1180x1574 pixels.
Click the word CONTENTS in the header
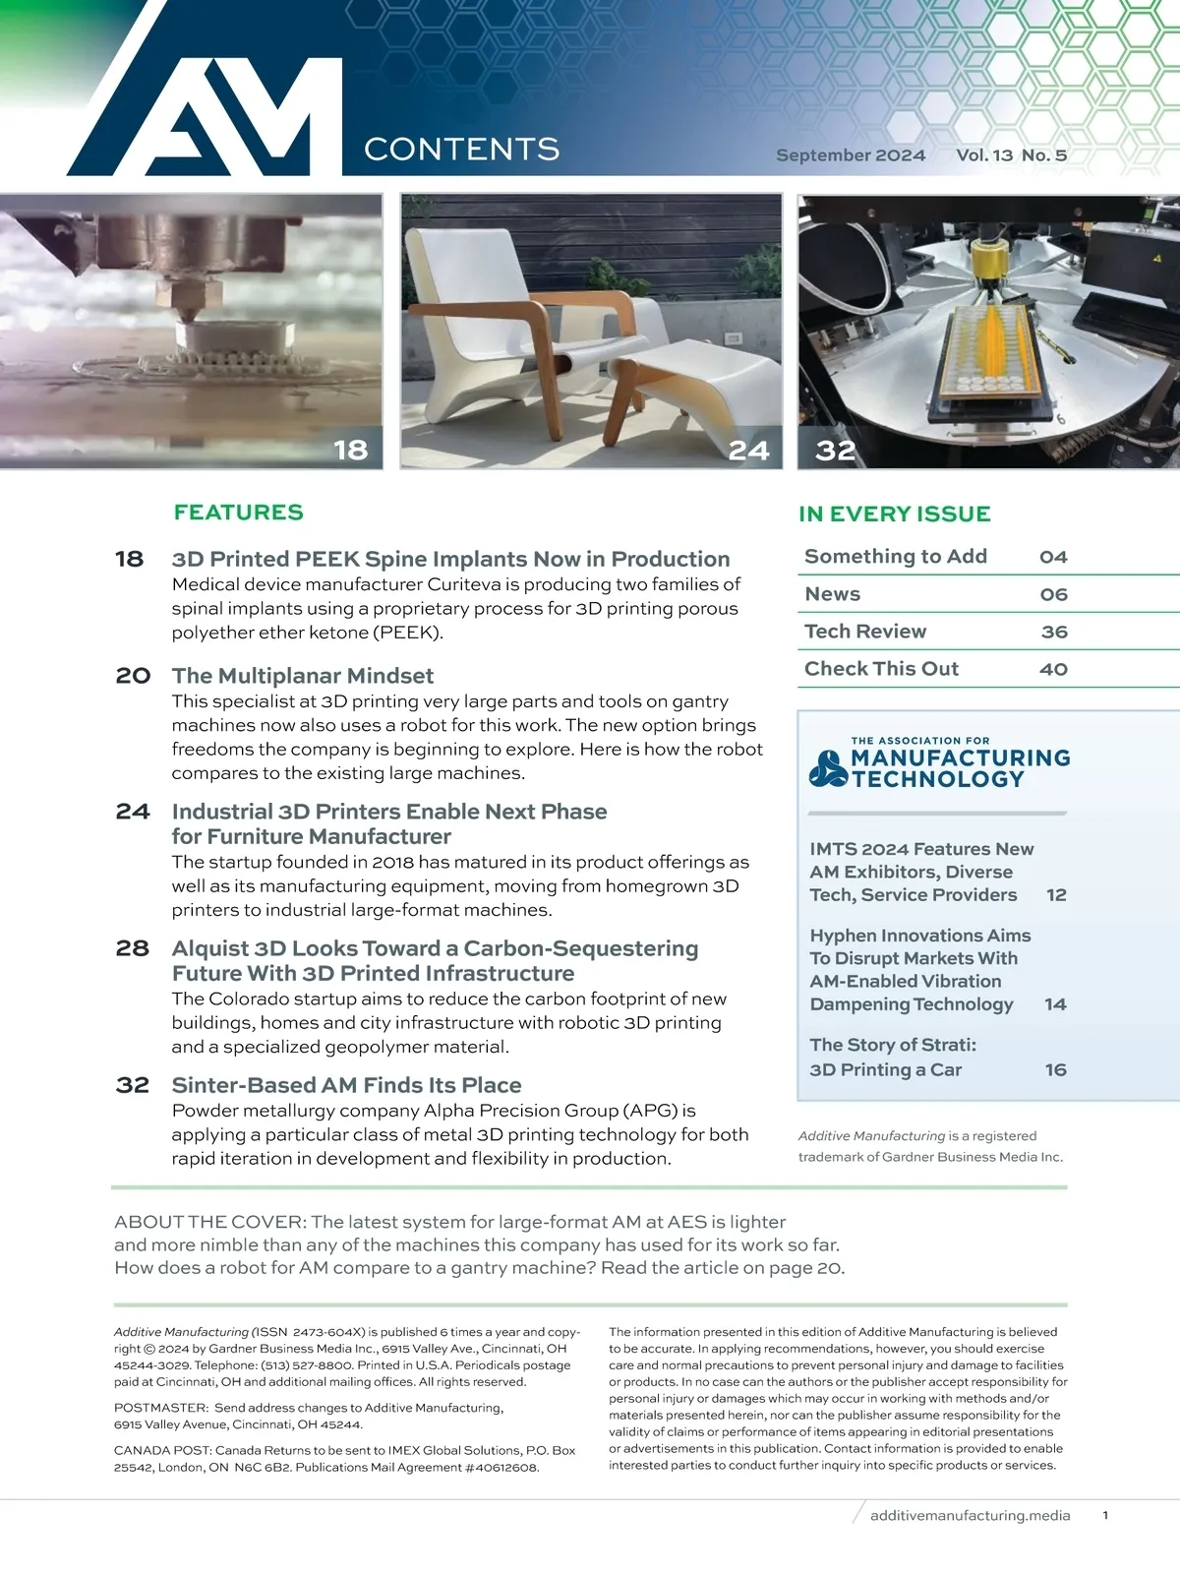pyautogui.click(x=461, y=150)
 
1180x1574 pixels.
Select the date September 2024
pyautogui.click(x=851, y=155)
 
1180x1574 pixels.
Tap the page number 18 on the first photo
pyautogui.click(x=350, y=450)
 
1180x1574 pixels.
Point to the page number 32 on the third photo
pyautogui.click(x=835, y=451)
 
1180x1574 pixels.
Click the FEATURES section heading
pyautogui.click(x=238, y=513)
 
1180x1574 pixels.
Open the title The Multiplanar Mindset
pyautogui.click(x=303, y=676)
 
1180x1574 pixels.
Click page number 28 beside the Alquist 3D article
pyautogui.click(x=133, y=948)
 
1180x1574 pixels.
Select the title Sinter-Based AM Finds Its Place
pyautogui.click(x=346, y=1085)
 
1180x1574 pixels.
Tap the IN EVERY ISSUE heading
pyautogui.click(x=894, y=514)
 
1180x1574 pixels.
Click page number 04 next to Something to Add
pyautogui.click(x=1053, y=557)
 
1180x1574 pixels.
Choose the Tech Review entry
pyautogui.click(x=865, y=632)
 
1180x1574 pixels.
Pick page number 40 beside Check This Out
pyautogui.click(x=1053, y=669)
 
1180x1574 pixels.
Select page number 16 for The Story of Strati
pyautogui.click(x=1055, y=1069)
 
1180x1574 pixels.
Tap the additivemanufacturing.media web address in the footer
pyautogui.click(x=970, y=1515)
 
